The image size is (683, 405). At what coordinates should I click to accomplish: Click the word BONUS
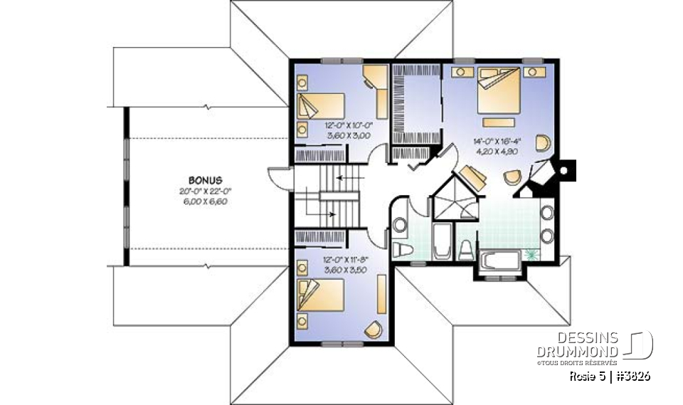(x=207, y=180)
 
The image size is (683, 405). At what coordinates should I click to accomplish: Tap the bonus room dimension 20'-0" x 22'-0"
(x=207, y=191)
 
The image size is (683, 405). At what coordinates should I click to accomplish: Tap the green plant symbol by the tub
(x=529, y=254)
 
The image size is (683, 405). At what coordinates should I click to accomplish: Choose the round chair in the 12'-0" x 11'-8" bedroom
(x=374, y=329)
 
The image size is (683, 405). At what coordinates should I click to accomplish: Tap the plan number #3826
(x=631, y=376)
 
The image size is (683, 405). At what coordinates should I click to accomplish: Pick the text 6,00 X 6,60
(x=207, y=201)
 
